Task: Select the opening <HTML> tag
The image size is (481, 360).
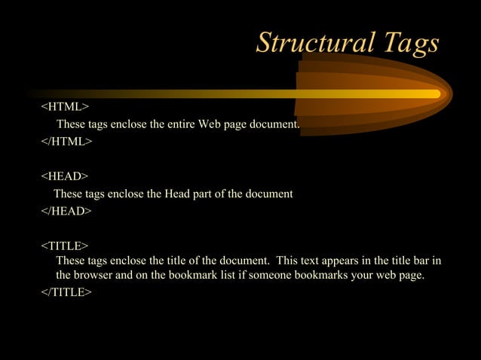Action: (65, 107)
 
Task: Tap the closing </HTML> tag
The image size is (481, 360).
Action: (66, 141)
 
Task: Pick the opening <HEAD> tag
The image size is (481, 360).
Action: (65, 176)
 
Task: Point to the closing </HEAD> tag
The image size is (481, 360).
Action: (66, 212)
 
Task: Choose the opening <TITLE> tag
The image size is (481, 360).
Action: (65, 246)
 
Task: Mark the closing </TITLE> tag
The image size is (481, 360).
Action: (66, 292)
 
